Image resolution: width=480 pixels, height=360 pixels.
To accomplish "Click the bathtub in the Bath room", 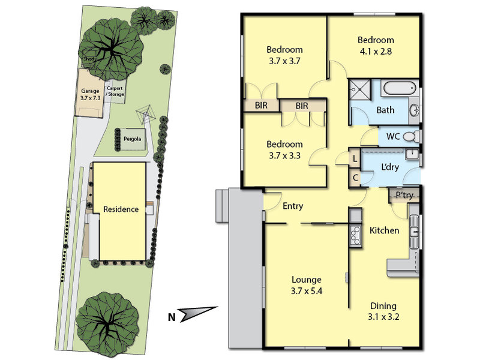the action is click(x=399, y=88).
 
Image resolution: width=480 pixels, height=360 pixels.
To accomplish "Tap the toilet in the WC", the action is click(x=411, y=136).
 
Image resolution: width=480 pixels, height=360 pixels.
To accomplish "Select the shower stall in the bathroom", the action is click(x=359, y=89).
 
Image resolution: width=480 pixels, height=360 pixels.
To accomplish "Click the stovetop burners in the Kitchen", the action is click(x=356, y=235).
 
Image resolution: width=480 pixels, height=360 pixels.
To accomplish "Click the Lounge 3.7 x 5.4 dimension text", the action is click(x=307, y=291).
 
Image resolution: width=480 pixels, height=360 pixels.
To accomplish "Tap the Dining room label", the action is click(x=383, y=305).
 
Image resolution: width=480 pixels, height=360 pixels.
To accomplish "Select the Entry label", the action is click(x=293, y=206).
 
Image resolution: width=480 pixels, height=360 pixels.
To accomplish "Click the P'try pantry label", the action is click(x=404, y=195).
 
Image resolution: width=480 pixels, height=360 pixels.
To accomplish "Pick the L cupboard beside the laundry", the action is click(x=355, y=158).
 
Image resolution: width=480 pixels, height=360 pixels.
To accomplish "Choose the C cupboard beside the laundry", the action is click(x=355, y=178).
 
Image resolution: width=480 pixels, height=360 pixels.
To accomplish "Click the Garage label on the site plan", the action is click(x=90, y=91).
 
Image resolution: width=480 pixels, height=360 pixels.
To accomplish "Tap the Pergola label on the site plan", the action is click(x=132, y=139).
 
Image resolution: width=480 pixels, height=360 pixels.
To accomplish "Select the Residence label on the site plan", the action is click(x=121, y=209).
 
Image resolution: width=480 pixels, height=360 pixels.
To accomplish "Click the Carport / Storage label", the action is click(x=115, y=91).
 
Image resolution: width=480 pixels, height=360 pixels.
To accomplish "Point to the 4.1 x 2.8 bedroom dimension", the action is click(x=376, y=51).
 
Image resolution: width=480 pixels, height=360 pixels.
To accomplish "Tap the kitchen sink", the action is click(x=414, y=232).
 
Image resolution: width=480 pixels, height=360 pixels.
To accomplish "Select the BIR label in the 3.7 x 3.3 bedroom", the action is click(x=302, y=106).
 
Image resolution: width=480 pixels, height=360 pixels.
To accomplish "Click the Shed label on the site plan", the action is click(x=89, y=58).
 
